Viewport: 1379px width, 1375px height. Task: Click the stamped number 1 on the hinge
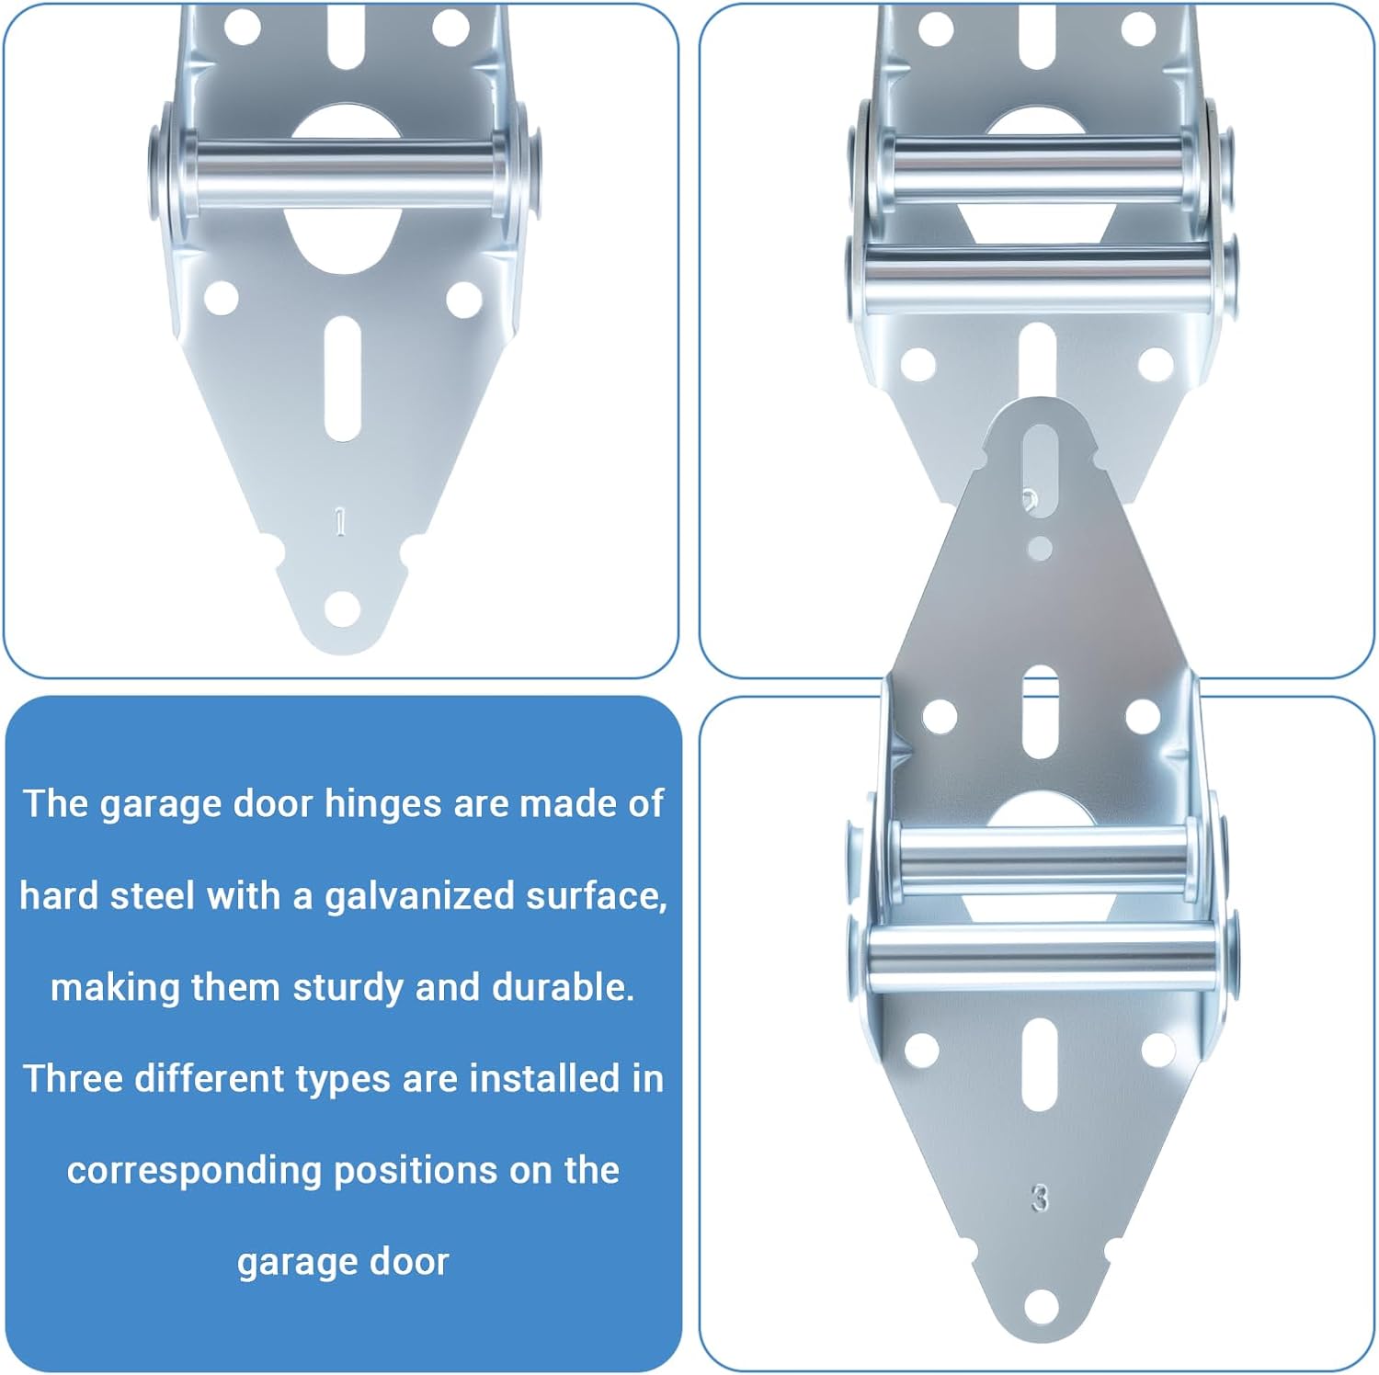point(340,522)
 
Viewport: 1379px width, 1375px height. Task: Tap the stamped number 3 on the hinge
point(1040,1198)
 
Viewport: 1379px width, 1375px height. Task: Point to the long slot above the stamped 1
point(342,379)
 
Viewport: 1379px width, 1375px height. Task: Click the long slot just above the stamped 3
point(1040,1064)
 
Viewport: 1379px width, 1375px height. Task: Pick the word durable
point(563,987)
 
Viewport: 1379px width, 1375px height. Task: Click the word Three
point(74,1078)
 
